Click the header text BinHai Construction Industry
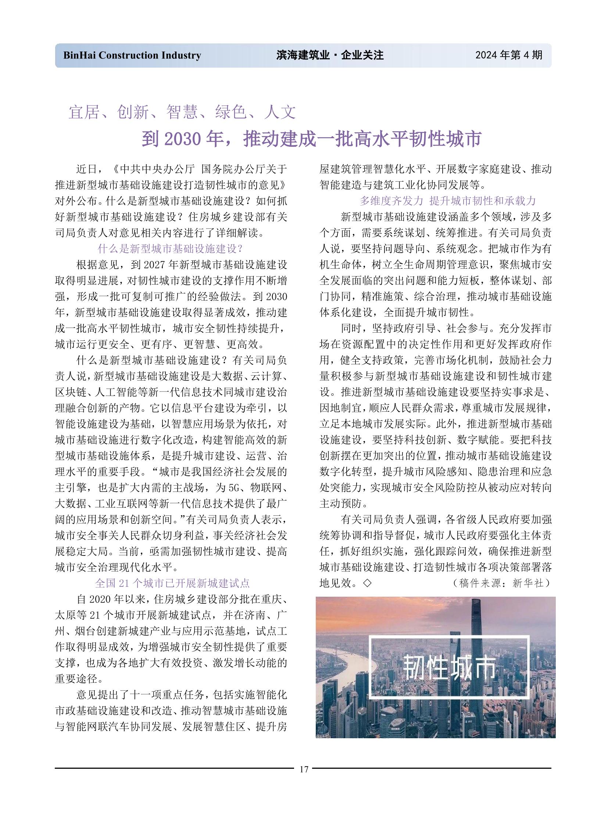[132, 56]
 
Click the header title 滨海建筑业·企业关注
[330, 55]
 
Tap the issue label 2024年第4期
[509, 55]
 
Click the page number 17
[304, 769]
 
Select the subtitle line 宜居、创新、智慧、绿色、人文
[182, 112]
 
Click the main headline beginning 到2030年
[311, 139]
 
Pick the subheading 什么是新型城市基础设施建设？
[171, 249]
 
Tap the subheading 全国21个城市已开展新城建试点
[172, 583]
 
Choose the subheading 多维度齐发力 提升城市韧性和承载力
[447, 201]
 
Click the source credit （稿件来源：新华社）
[502, 583]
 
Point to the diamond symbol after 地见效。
[367, 583]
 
